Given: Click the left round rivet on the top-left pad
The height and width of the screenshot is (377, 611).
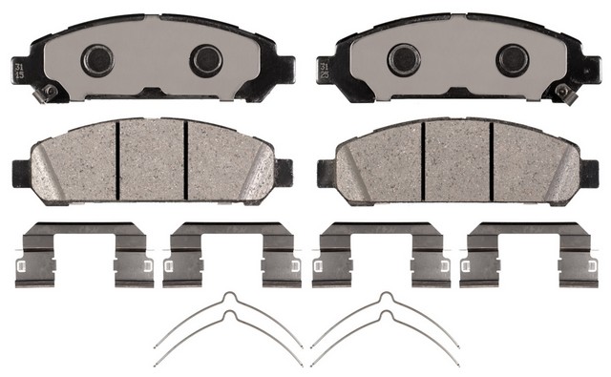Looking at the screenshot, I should click(x=96, y=60).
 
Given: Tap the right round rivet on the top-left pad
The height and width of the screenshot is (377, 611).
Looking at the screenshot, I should click(x=205, y=60).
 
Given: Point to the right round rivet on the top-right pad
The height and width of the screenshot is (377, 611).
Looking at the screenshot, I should click(x=513, y=60).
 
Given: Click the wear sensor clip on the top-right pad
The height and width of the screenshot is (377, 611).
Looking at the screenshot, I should click(x=563, y=93).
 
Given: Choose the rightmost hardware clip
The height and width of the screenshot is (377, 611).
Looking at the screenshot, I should click(x=526, y=255).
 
